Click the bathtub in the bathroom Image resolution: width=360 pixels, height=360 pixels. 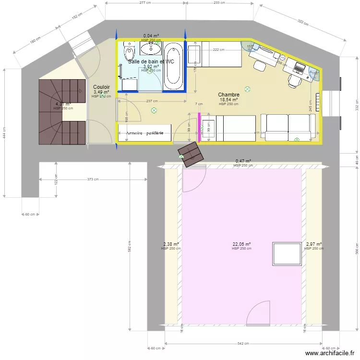(174, 66)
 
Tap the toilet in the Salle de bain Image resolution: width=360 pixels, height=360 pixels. (129, 51)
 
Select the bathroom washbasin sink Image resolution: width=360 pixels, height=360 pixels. (153, 48)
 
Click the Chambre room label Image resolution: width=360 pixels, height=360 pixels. (228, 95)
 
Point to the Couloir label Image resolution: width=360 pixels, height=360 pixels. (101, 87)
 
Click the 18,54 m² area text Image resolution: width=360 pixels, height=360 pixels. (228, 100)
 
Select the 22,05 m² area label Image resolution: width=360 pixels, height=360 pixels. (242, 244)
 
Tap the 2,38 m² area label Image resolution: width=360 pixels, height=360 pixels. (171, 244)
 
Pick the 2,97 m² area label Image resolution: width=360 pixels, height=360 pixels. (314, 244)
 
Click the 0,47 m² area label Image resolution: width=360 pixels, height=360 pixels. (243, 161)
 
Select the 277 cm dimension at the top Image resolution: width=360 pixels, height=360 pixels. (145, 3)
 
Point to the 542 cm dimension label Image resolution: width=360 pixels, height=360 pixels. (243, 344)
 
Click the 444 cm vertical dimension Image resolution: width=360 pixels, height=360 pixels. (4, 136)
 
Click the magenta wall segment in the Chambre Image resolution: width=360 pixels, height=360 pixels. (199, 127)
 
